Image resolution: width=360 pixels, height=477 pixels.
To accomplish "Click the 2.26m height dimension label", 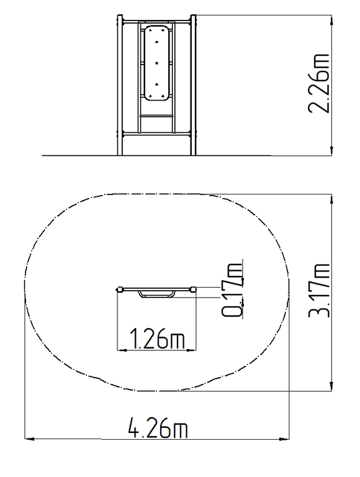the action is (x=319, y=84).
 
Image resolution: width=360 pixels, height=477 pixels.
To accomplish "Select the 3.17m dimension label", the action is (x=319, y=291).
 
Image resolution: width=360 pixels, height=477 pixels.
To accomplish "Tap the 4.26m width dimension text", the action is (x=158, y=428).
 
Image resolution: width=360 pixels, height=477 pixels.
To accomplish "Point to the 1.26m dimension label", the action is (x=157, y=338).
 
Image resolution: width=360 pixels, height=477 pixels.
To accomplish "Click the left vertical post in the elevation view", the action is (x=120, y=85).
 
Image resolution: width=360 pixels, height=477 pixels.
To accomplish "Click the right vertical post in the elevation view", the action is (x=194, y=85).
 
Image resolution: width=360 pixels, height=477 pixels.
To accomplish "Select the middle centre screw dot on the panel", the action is (x=156, y=63).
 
